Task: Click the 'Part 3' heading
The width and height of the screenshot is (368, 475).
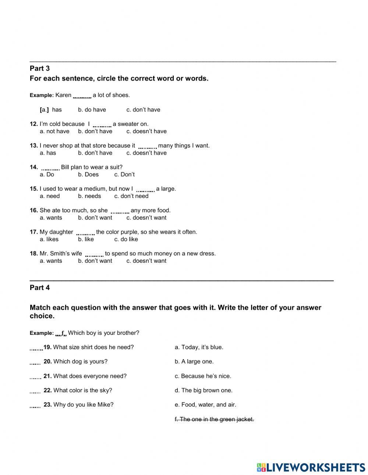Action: pyautogui.click(x=39, y=68)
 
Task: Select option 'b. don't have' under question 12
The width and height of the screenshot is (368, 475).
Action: pyautogui.click(x=95, y=131)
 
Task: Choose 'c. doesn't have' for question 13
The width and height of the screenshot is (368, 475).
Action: pyautogui.click(x=146, y=153)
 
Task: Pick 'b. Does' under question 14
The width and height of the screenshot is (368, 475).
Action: pyautogui.click(x=88, y=174)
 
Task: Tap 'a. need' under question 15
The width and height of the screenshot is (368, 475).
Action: pyautogui.click(x=50, y=196)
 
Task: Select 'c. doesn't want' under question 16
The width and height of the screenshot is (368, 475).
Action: pyautogui.click(x=146, y=218)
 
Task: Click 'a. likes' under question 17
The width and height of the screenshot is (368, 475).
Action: pyautogui.click(x=49, y=240)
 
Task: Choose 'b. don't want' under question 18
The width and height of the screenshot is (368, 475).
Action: pyautogui.click(x=95, y=261)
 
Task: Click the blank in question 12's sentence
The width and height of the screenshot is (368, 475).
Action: pyautogui.click(x=102, y=125)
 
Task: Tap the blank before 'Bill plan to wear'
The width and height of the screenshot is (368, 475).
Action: pyautogui.click(x=50, y=168)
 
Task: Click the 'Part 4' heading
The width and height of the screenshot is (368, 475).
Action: pyautogui.click(x=39, y=288)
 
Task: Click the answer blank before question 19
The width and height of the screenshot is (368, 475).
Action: pyautogui.click(x=36, y=348)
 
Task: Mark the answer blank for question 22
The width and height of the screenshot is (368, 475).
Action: pyautogui.click(x=35, y=391)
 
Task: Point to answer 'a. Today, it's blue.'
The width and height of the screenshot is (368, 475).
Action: pyautogui.click(x=199, y=347)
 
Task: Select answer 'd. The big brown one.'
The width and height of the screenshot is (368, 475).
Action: pyautogui.click(x=204, y=390)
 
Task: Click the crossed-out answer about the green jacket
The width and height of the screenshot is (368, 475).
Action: pyautogui.click(x=214, y=419)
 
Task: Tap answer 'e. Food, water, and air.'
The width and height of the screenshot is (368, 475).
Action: pyautogui.click(x=205, y=405)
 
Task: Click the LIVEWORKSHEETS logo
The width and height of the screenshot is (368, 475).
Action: pyautogui.click(x=311, y=467)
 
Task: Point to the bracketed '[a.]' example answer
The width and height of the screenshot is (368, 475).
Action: pyautogui.click(x=44, y=110)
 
